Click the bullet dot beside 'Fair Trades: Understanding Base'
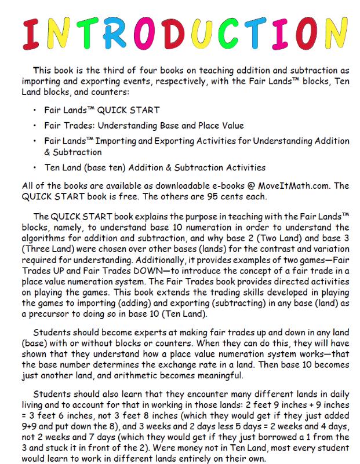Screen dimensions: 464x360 (x=36, y=125)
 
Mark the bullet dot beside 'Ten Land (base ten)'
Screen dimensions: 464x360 (x=36, y=167)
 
